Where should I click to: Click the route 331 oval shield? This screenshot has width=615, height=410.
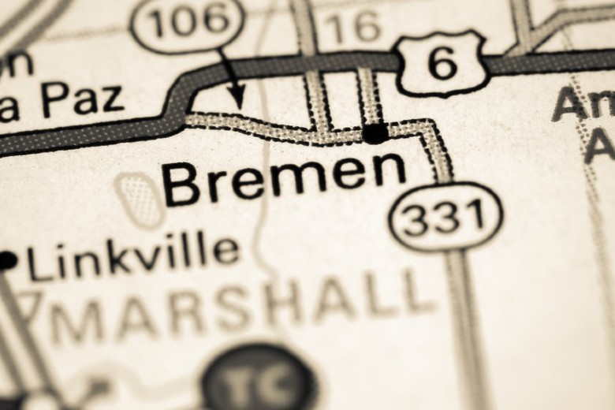pos(447,215)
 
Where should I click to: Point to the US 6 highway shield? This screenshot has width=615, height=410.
pos(441,62)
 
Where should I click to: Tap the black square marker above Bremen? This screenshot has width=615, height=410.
pos(375,132)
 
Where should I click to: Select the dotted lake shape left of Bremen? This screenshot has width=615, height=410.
pos(140,199)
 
